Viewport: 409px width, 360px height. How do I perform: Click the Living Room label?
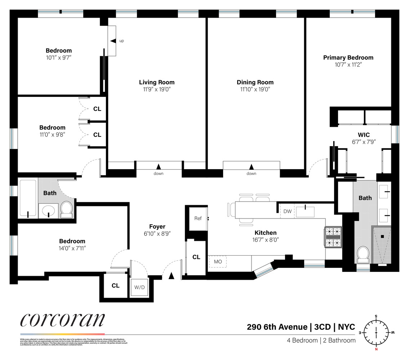click(x=157, y=82)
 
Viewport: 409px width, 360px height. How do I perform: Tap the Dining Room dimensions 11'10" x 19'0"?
click(x=255, y=89)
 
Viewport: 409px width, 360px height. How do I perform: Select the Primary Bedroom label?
click(x=348, y=58)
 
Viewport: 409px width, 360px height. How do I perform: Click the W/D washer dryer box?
click(x=139, y=287)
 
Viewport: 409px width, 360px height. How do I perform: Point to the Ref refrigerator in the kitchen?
click(x=198, y=219)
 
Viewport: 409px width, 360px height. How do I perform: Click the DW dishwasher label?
click(x=287, y=211)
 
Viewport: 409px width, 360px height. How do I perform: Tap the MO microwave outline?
click(x=218, y=261)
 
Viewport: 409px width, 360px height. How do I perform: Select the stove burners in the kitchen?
click(x=333, y=237)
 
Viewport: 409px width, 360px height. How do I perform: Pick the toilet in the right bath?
click(x=363, y=254)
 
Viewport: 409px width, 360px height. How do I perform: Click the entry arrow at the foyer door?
click(x=172, y=276)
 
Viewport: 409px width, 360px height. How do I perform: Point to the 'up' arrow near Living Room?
click(x=113, y=41)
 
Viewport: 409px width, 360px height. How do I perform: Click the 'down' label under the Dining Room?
click(x=252, y=174)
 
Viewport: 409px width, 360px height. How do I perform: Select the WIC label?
click(x=364, y=135)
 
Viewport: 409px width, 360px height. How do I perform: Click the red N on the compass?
click(x=376, y=349)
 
